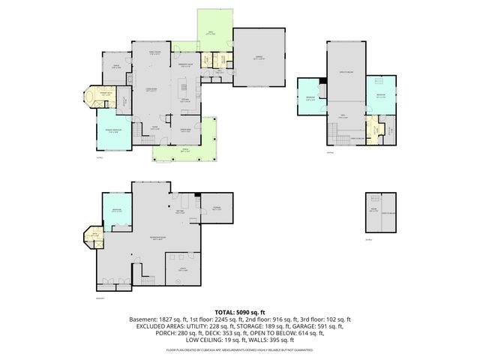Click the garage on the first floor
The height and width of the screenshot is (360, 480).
click(260, 57)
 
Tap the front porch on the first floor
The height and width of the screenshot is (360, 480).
click(184, 152)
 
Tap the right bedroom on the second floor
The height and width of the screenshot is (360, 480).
click(379, 96)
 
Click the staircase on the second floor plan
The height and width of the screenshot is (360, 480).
click(337, 134)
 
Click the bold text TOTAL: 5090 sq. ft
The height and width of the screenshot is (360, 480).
click(240, 311)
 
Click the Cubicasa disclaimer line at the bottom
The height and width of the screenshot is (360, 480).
click(240, 349)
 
